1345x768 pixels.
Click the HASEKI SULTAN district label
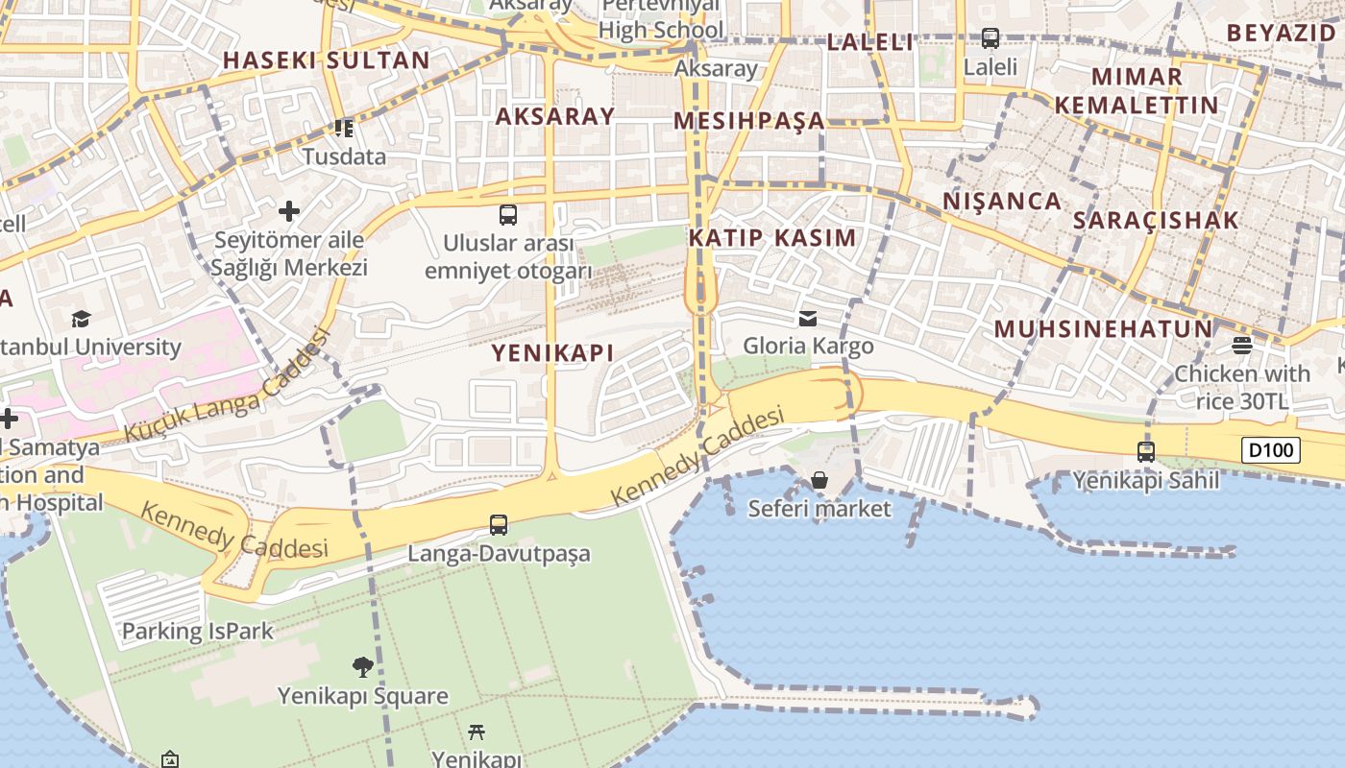pyautogui.click(x=327, y=60)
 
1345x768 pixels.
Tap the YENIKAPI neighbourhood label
pyautogui.click(x=552, y=352)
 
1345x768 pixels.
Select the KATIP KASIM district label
pyautogui.click(x=772, y=237)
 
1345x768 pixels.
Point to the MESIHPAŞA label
pyautogui.click(x=749, y=120)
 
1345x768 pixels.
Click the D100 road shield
pyautogui.click(x=1270, y=450)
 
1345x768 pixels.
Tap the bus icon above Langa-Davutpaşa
pyautogui.click(x=499, y=525)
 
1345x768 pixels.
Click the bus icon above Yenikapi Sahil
pyautogui.click(x=1145, y=451)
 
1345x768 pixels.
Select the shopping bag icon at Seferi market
pyautogui.click(x=819, y=480)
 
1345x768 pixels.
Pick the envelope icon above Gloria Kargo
pyautogui.click(x=808, y=318)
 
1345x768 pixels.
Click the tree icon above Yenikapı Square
pyautogui.click(x=362, y=666)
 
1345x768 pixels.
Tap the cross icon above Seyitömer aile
pyautogui.click(x=289, y=211)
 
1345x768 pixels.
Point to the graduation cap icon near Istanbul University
pyautogui.click(x=81, y=319)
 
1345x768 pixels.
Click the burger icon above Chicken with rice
pyautogui.click(x=1242, y=345)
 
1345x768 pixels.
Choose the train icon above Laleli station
pyautogui.click(x=990, y=38)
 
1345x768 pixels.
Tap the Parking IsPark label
pyautogui.click(x=197, y=631)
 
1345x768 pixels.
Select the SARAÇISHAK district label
pyautogui.click(x=1156, y=220)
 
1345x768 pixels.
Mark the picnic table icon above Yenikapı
pyautogui.click(x=477, y=732)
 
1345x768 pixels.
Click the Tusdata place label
pyautogui.click(x=344, y=156)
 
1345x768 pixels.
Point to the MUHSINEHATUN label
pyautogui.click(x=1103, y=328)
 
